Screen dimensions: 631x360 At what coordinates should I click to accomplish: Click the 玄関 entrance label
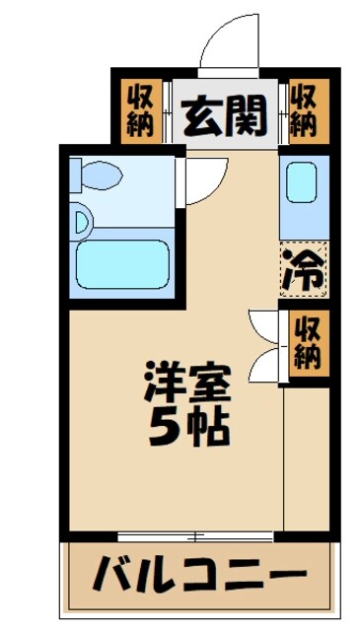click(x=225, y=117)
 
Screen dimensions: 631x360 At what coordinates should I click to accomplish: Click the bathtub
click(x=122, y=259)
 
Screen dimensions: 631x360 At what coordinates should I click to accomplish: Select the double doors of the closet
click(x=263, y=344)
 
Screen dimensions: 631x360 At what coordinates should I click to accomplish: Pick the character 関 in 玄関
click(x=247, y=117)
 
